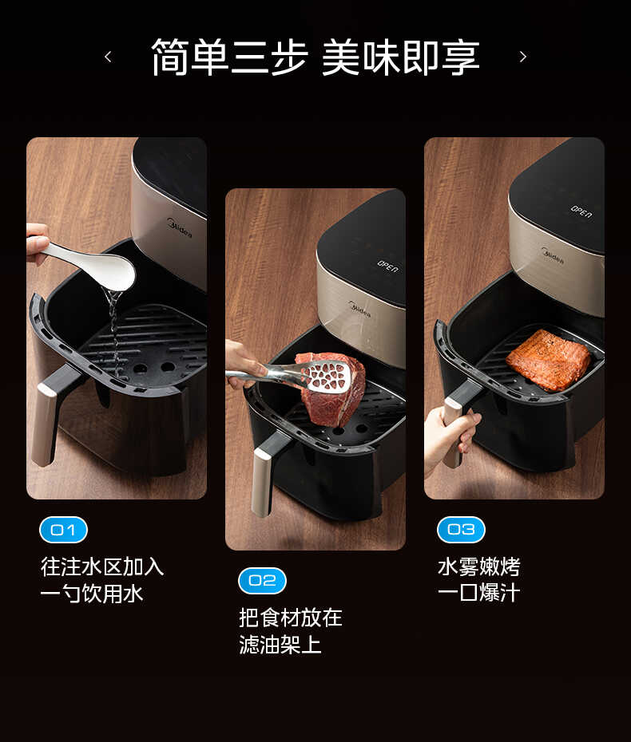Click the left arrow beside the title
108,57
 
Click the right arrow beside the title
523,57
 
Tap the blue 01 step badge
63,530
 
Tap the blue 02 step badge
262,581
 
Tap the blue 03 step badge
461,530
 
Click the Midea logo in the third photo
552,255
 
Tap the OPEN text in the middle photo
387,266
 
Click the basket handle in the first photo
50,415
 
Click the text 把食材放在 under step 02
291,618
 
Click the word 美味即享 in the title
400,57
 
